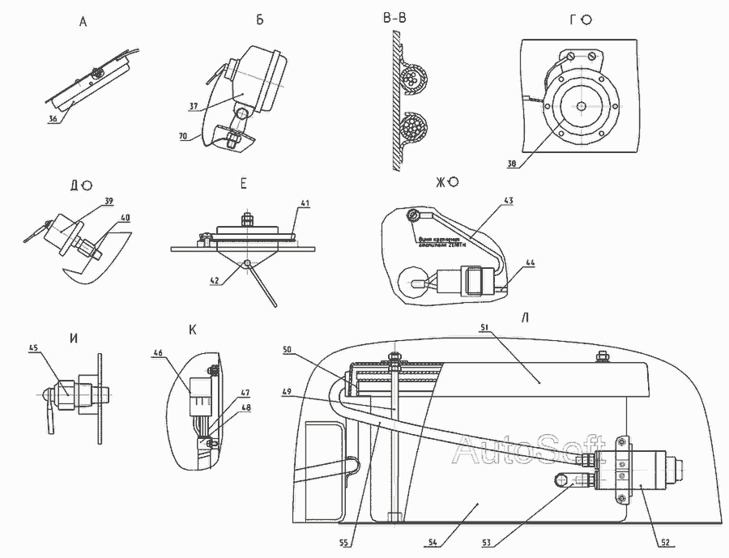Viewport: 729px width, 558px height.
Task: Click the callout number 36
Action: (53, 118)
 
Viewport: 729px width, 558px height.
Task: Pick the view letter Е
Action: (243, 185)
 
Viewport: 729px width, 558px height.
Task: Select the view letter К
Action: (193, 330)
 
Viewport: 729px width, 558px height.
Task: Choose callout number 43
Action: (508, 199)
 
